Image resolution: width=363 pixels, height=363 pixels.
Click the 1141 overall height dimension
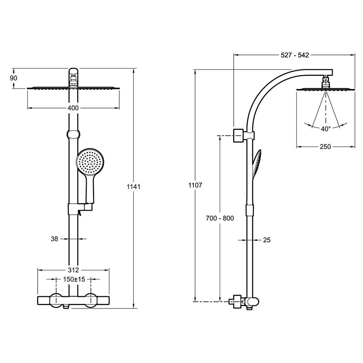coord(133,186)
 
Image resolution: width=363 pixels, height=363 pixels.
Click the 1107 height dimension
coord(195,185)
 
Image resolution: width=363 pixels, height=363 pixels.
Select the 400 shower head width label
coord(73,108)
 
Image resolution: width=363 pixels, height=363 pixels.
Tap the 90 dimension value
coord(14,78)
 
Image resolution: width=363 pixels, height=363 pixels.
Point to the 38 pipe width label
coord(54,239)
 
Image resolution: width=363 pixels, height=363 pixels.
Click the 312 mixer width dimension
coord(74,270)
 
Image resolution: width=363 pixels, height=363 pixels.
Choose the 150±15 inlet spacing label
coord(74,279)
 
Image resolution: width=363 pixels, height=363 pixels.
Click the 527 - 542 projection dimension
coord(294,55)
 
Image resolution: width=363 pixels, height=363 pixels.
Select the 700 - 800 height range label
coord(220,218)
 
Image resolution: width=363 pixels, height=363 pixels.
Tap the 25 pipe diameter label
coord(267,240)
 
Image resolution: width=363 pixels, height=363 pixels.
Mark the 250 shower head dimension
coord(325,147)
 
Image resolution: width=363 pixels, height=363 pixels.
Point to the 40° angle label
coord(326,129)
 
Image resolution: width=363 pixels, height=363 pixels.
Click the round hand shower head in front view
coord(90,162)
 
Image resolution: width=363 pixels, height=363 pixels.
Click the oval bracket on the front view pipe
coord(74,134)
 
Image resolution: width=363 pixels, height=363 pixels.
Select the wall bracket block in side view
coord(239,135)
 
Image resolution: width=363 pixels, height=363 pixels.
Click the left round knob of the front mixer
coord(56,300)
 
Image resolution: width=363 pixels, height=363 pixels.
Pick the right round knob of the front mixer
coord(91,300)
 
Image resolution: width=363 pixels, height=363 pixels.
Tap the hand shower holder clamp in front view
coord(80,209)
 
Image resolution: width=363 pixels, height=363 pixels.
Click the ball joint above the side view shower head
coord(326,82)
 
